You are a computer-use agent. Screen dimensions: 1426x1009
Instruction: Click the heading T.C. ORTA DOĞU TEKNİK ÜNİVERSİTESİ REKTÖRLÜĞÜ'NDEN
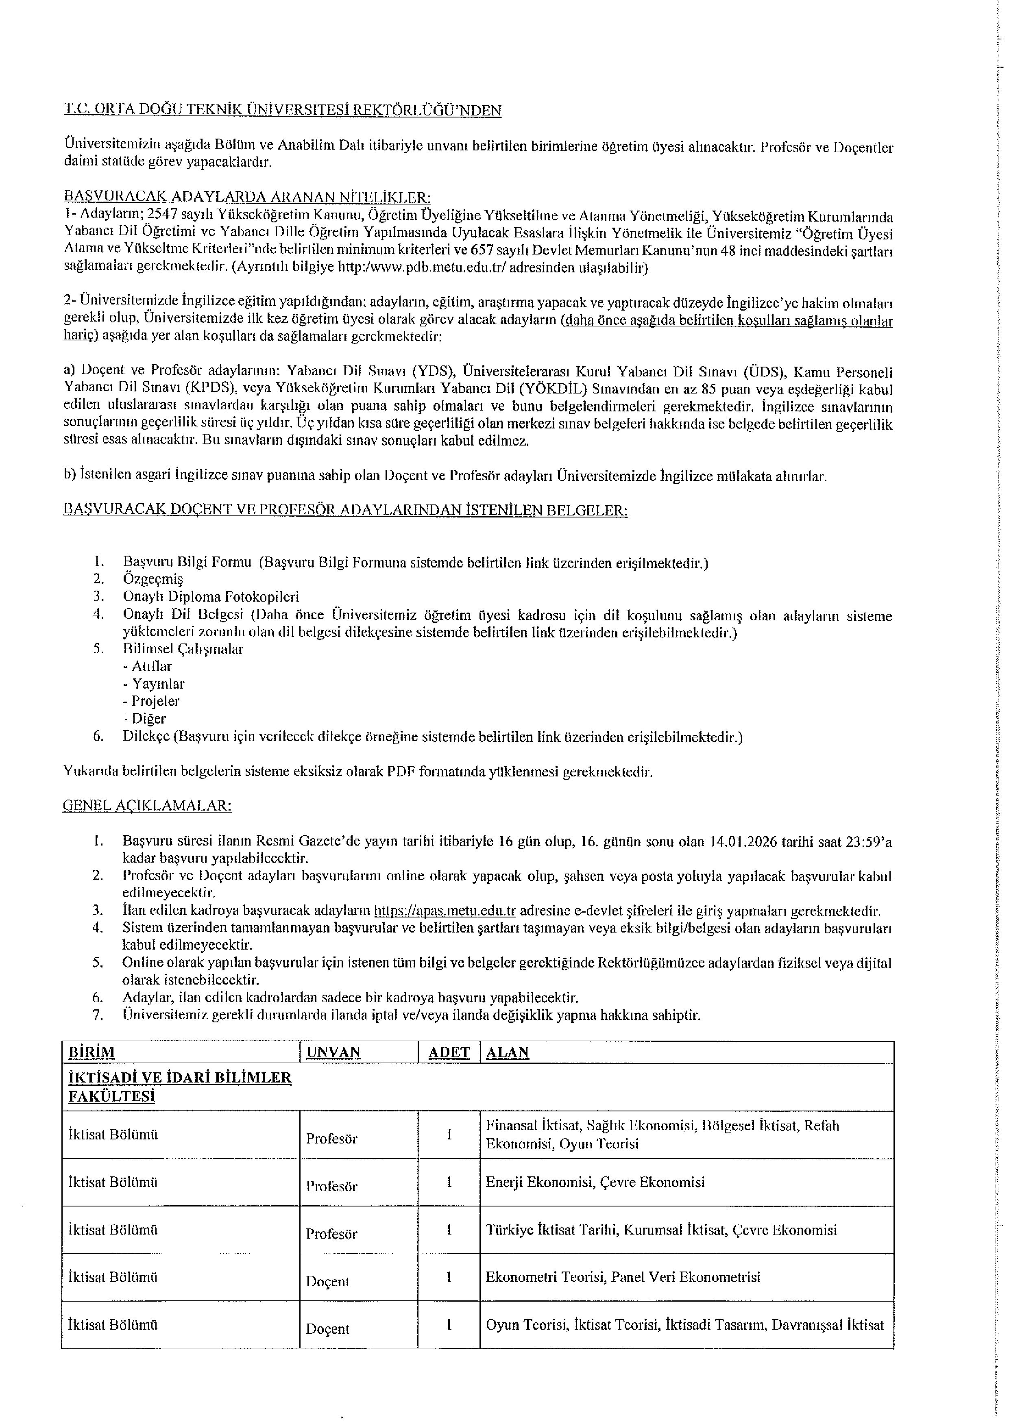(x=283, y=111)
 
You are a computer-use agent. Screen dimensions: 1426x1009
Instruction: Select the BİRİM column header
(x=92, y=1052)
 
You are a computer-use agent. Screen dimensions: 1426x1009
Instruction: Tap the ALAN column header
(x=507, y=1052)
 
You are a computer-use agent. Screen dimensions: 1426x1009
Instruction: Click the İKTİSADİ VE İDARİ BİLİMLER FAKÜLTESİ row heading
(x=180, y=1086)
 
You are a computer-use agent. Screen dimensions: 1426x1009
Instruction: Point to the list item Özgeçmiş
(x=153, y=580)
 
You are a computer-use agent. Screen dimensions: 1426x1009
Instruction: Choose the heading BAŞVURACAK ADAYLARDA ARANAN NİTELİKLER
(x=247, y=198)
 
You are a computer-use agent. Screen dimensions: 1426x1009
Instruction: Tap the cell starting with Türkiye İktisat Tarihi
(x=661, y=1230)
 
